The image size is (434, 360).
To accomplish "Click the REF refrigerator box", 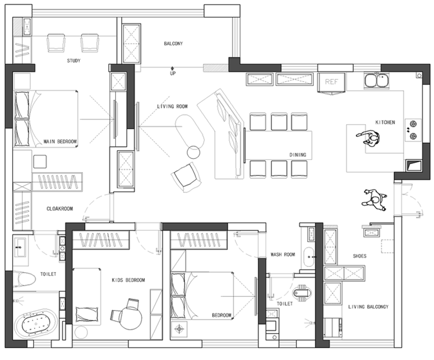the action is point(331,82).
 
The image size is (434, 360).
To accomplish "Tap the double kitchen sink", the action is point(376,81).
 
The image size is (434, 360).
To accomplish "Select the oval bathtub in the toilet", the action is point(36,324).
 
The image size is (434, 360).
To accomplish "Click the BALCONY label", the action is point(173,43).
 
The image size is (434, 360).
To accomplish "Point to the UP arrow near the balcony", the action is point(173,68).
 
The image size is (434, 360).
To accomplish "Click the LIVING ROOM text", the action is point(172,106).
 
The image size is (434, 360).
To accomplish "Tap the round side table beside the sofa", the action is point(193,152).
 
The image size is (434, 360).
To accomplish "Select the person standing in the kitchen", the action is point(369,138).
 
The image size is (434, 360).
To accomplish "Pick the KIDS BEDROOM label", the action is point(128,280).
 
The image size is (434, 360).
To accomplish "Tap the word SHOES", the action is point(359,256).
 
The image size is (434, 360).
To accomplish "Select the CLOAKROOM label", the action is point(59,209).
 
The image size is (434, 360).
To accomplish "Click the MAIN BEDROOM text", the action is point(60,142).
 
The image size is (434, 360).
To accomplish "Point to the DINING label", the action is point(298,155).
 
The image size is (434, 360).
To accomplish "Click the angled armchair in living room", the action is point(186,177).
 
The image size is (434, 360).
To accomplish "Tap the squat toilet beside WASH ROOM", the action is point(302,293).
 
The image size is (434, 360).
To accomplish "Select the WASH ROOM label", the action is point(283,254).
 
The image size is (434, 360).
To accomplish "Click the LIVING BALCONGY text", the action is point(368,307).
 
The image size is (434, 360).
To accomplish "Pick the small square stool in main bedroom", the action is point(40,162).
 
